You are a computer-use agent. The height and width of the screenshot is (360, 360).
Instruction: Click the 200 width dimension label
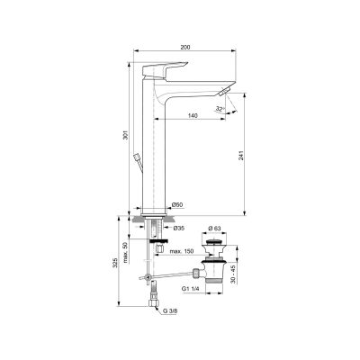[x=185, y=47]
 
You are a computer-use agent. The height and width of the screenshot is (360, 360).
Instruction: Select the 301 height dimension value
[x=126, y=135]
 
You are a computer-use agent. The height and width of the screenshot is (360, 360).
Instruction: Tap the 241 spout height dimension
[x=241, y=155]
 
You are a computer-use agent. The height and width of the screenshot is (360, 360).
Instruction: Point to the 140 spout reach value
[x=193, y=116]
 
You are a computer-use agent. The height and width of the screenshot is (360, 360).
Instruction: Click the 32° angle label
[x=220, y=109]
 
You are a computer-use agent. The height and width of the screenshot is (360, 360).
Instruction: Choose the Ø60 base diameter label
[x=177, y=204]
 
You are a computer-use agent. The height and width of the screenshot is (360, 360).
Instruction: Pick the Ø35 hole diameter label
[x=179, y=228]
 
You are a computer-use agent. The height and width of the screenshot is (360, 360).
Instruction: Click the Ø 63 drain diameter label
[x=215, y=228]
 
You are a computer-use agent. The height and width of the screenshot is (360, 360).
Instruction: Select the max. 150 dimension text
[x=182, y=251]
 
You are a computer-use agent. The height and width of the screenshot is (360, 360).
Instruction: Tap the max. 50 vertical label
[x=126, y=253]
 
